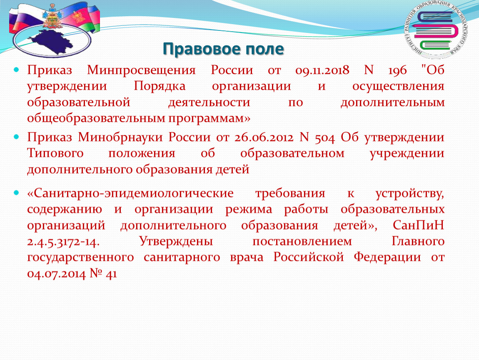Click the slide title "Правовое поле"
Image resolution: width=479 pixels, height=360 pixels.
[223, 49]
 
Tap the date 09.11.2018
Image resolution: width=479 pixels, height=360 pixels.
[322, 70]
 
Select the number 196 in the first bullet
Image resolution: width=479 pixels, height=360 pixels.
[397, 70]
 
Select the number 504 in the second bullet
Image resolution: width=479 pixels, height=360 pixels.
[325, 138]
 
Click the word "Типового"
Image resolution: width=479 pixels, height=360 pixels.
[55, 153]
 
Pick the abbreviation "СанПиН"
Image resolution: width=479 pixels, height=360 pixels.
[418, 225]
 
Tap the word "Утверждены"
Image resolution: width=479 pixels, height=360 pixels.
[176, 242]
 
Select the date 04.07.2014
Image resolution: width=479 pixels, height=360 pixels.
[57, 274]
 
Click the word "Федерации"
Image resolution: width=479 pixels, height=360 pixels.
[387, 258]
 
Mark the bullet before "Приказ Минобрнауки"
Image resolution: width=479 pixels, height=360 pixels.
[16, 137]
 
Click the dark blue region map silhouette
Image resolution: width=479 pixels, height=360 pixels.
[52, 41]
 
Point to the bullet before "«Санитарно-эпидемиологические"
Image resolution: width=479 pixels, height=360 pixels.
[16, 193]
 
